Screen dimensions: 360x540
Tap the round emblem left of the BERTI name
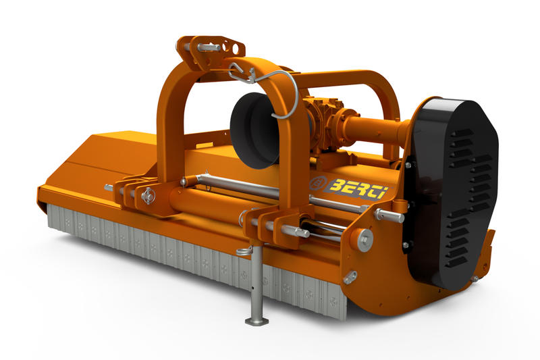click(317, 184)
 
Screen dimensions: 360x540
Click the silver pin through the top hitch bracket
click(209, 47)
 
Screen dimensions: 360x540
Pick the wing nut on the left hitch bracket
click(148, 196)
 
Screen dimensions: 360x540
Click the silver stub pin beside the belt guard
click(389, 215)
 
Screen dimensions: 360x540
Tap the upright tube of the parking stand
click(257, 284)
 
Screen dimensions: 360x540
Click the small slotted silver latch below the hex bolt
click(350, 276)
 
